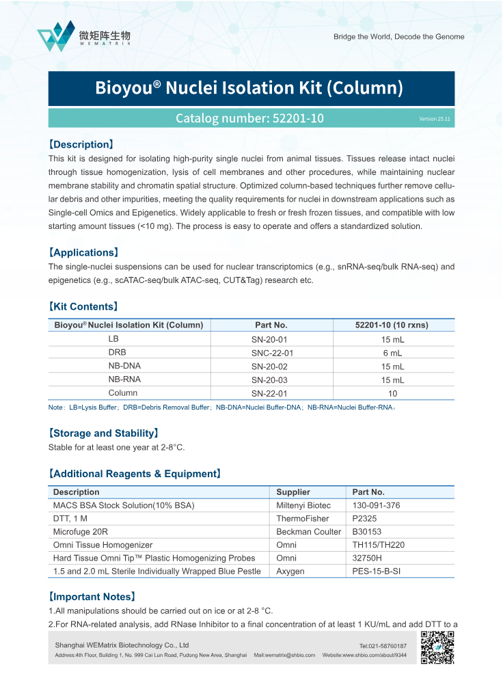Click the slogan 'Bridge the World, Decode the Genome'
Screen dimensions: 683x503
[398, 37]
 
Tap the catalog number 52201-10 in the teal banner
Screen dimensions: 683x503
[249, 118]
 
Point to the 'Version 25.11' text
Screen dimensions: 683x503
[435, 119]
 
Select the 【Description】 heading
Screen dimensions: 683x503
[81, 144]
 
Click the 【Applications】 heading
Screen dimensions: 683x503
[83, 252]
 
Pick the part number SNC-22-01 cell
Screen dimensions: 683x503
[272, 353]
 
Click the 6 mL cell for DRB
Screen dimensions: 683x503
[392, 353]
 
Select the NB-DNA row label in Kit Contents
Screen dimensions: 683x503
[124, 366]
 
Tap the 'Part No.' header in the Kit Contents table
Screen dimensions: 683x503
[271, 325]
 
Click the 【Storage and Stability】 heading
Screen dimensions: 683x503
[103, 433]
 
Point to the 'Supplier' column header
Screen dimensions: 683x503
[293, 492]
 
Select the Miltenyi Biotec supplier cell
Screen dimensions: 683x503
[303, 505]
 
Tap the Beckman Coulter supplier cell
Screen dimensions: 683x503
[308, 532]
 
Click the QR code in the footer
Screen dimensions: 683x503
[437, 647]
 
